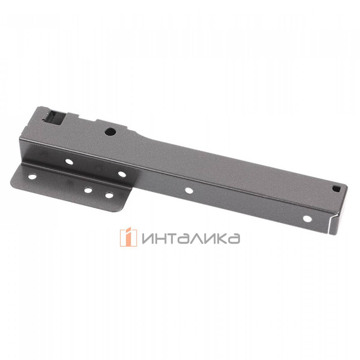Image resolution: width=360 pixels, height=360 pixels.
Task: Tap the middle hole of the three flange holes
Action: [88, 190]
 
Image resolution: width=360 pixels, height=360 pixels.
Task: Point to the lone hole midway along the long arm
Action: [189, 190]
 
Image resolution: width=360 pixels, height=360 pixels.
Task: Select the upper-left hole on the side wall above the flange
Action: [69, 162]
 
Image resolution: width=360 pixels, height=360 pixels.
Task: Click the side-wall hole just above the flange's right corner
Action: [121, 174]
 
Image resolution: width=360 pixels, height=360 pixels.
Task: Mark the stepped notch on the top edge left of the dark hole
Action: [95, 121]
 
